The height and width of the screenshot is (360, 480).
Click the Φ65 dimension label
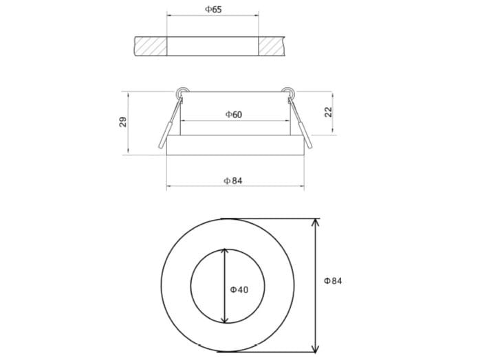tap(213, 10)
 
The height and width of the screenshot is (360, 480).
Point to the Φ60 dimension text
tap(233, 114)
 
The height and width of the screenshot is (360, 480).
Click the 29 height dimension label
tap(123, 122)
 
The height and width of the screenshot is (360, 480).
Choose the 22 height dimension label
tap(328, 111)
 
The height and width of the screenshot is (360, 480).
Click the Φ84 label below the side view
tap(233, 180)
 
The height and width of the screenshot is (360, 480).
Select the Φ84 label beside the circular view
tap(333, 280)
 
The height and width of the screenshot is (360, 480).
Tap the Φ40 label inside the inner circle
tap(239, 289)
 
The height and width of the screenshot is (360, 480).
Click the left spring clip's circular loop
tap(181, 91)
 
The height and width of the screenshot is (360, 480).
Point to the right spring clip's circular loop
tap(287, 91)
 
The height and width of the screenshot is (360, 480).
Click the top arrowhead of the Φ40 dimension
tap(225, 252)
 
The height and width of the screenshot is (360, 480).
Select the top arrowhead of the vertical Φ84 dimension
tap(316, 223)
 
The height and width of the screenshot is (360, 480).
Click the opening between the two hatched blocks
tap(212, 47)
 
